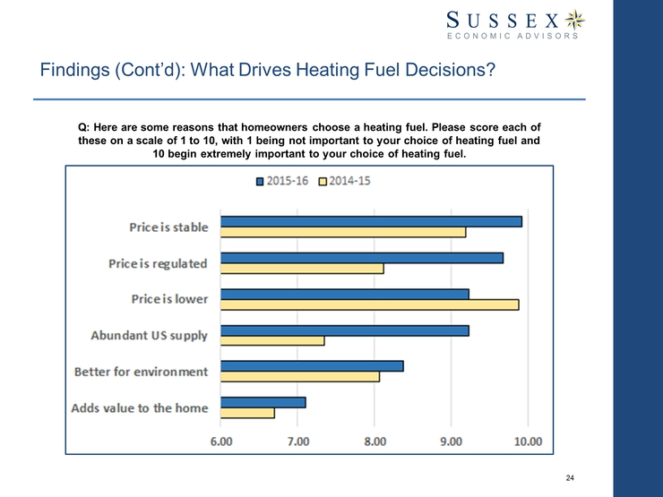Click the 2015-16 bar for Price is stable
(371, 221)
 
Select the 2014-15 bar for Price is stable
(343, 233)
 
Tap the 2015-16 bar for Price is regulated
(362, 258)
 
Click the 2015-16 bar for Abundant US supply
(345, 330)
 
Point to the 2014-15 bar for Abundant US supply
(272, 340)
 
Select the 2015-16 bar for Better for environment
(312, 365)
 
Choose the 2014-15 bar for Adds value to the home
(247, 413)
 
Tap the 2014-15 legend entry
(347, 182)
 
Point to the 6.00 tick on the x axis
(221, 441)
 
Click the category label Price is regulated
(158, 263)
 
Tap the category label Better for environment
(141, 372)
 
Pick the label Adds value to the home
(140, 408)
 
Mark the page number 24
(570, 478)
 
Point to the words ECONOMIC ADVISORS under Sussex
(512, 37)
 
